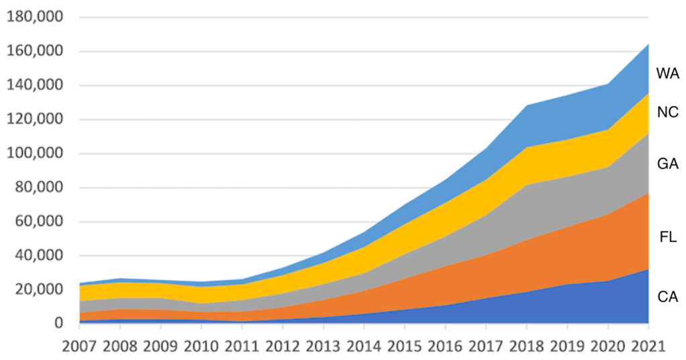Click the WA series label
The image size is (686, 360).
[x=667, y=74]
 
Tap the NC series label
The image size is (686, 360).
[x=667, y=113]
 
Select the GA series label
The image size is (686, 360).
[x=667, y=164]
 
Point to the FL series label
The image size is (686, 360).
[x=668, y=238]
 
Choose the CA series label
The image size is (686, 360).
[x=667, y=296]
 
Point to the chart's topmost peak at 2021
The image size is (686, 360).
[x=648, y=45]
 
